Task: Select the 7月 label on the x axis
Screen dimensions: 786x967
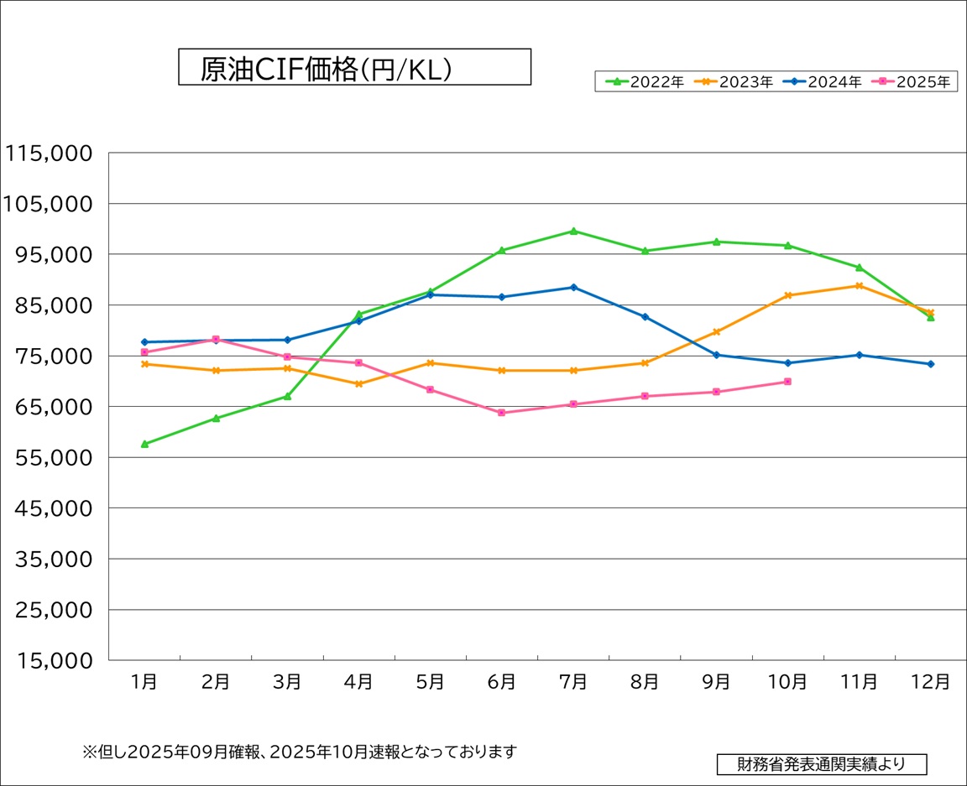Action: pyautogui.click(x=573, y=682)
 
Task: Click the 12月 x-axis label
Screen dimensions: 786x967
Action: pyautogui.click(x=930, y=682)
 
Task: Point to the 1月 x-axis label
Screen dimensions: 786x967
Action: pyautogui.click(x=144, y=682)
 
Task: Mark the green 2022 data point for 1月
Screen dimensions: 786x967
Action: pyautogui.click(x=144, y=444)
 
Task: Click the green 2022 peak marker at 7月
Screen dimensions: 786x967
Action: pyautogui.click(x=573, y=231)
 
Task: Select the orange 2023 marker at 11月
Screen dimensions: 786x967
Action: pyautogui.click(x=859, y=286)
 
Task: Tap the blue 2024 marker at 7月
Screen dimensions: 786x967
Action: pyautogui.click(x=573, y=287)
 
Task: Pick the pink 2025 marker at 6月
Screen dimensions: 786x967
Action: pyautogui.click(x=502, y=413)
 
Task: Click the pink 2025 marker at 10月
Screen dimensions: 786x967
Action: pyautogui.click(x=787, y=382)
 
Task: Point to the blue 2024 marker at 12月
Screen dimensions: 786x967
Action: pyautogui.click(x=930, y=364)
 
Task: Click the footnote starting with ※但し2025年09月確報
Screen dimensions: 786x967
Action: pyautogui.click(x=299, y=752)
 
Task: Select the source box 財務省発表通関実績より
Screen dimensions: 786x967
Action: pyautogui.click(x=822, y=764)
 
